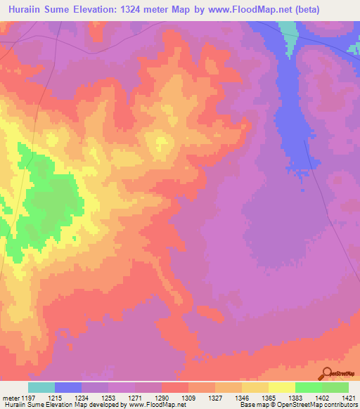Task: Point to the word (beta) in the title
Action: [x=304, y=10]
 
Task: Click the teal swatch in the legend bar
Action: [x=41, y=388]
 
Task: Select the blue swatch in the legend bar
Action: [x=68, y=388]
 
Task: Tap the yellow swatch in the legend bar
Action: [x=281, y=388]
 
